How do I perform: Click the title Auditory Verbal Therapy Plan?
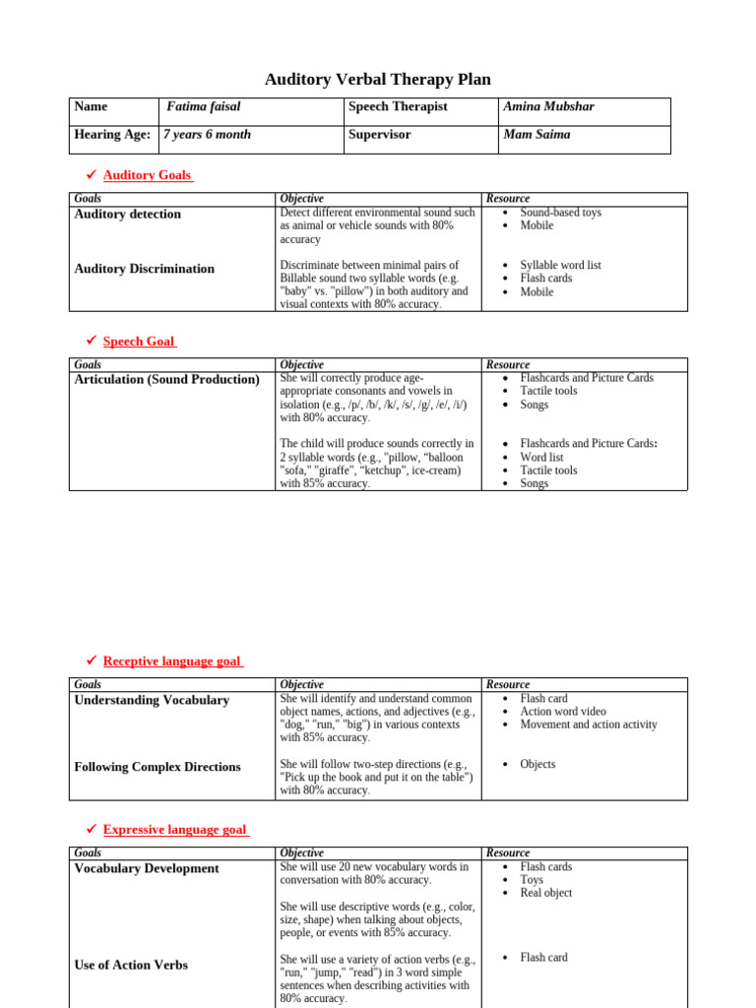click(x=378, y=80)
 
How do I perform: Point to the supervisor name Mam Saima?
click(x=536, y=134)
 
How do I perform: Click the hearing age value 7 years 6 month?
click(x=207, y=134)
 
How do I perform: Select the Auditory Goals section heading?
click(x=148, y=175)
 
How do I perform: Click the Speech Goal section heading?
click(x=139, y=342)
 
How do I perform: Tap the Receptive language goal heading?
click(x=172, y=661)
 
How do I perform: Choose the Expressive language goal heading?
click(x=175, y=830)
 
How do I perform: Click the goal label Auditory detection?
click(x=128, y=214)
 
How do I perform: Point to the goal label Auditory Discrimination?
click(x=144, y=269)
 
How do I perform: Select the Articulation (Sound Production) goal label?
click(x=167, y=379)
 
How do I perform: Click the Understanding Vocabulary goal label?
click(x=152, y=700)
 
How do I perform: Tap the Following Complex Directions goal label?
click(x=157, y=767)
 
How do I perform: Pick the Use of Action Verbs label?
click(x=131, y=965)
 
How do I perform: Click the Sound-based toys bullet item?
click(x=560, y=213)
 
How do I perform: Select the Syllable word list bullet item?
click(x=560, y=266)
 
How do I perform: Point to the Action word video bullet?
click(x=563, y=712)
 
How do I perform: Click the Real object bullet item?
click(x=545, y=893)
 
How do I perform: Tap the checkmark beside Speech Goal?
click(x=91, y=341)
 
